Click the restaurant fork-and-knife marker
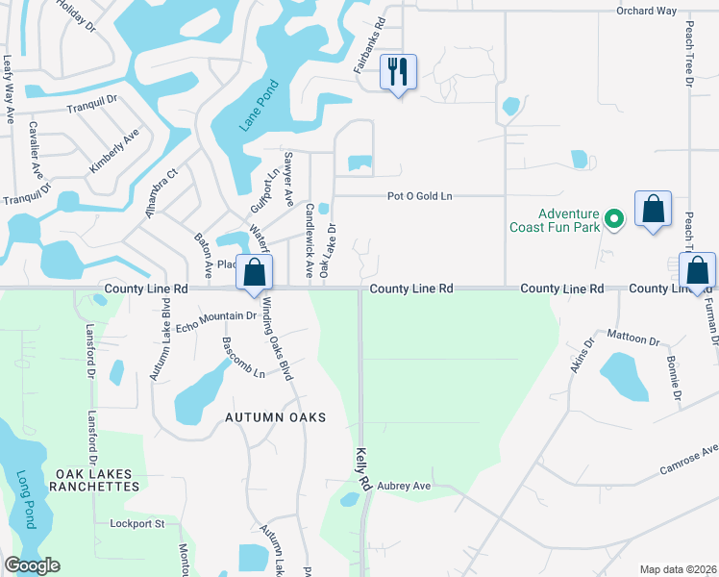coord(398,71)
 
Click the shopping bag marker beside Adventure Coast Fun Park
coord(654,209)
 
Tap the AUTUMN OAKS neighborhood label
coord(276,417)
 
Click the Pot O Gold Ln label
coord(419,196)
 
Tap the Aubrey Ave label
coord(404,487)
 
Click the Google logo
coord(32,565)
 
